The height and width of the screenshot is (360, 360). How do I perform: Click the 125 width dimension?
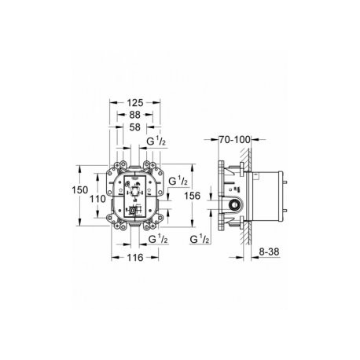(135, 103)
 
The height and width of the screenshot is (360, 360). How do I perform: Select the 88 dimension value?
(135, 115)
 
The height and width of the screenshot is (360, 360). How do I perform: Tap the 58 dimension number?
(135, 127)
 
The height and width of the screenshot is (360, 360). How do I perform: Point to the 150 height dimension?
(80, 190)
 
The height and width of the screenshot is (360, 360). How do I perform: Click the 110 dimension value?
(97, 199)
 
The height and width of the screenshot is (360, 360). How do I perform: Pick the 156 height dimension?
(192, 196)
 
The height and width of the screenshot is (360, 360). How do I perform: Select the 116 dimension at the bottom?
(135, 258)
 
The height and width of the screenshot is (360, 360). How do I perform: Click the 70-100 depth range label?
(235, 140)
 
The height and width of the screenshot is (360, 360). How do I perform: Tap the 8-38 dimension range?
(269, 252)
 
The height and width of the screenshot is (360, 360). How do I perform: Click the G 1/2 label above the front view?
(156, 141)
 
